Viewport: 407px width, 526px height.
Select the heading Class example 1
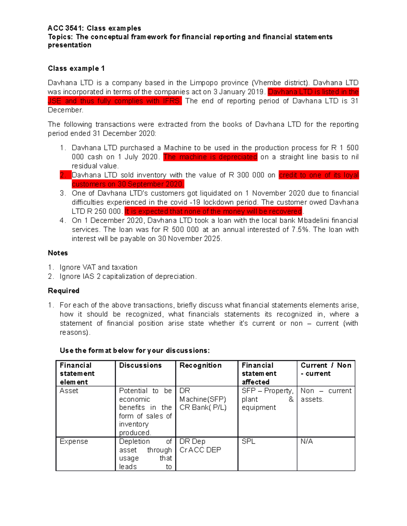click(x=76, y=68)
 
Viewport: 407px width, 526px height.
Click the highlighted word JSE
click(x=54, y=101)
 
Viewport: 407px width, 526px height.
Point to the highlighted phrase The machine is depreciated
click(x=210, y=157)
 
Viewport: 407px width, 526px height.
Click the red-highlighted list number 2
click(x=63, y=175)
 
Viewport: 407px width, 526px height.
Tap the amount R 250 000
click(x=104, y=211)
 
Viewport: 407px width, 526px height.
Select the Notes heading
click(x=58, y=253)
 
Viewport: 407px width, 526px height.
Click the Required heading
click(x=63, y=291)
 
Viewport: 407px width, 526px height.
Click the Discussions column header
click(x=140, y=365)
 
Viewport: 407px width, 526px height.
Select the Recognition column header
click(x=200, y=365)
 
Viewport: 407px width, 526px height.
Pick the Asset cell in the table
click(x=69, y=391)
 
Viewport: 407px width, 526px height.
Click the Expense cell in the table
click(x=74, y=442)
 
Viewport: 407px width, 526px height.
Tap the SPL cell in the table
click(x=248, y=442)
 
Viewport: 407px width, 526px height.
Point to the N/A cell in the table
click(x=307, y=442)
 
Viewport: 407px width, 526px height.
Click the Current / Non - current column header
click(x=326, y=370)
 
